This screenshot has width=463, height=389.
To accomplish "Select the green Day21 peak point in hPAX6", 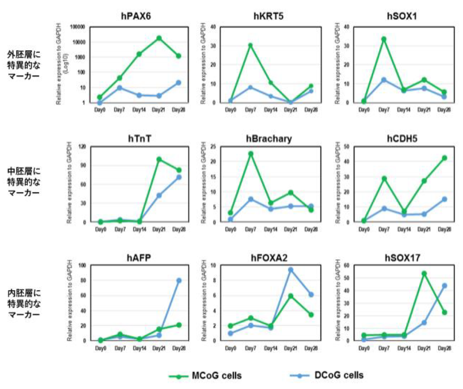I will coord(159,38).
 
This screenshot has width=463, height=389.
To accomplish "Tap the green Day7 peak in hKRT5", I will coord(250,46).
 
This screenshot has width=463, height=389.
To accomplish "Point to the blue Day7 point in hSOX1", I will coord(384,80).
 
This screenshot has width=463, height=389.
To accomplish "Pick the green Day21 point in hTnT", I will coord(159,160).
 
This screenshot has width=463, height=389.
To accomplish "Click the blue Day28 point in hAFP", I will coord(179,280).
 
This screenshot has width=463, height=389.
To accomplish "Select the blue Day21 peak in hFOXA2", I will coord(291,270).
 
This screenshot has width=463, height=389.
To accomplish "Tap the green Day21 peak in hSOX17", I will coord(424,273).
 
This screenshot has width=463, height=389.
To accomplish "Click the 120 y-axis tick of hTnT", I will coord(82,146).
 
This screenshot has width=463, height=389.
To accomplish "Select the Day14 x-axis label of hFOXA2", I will coord(271,348).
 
